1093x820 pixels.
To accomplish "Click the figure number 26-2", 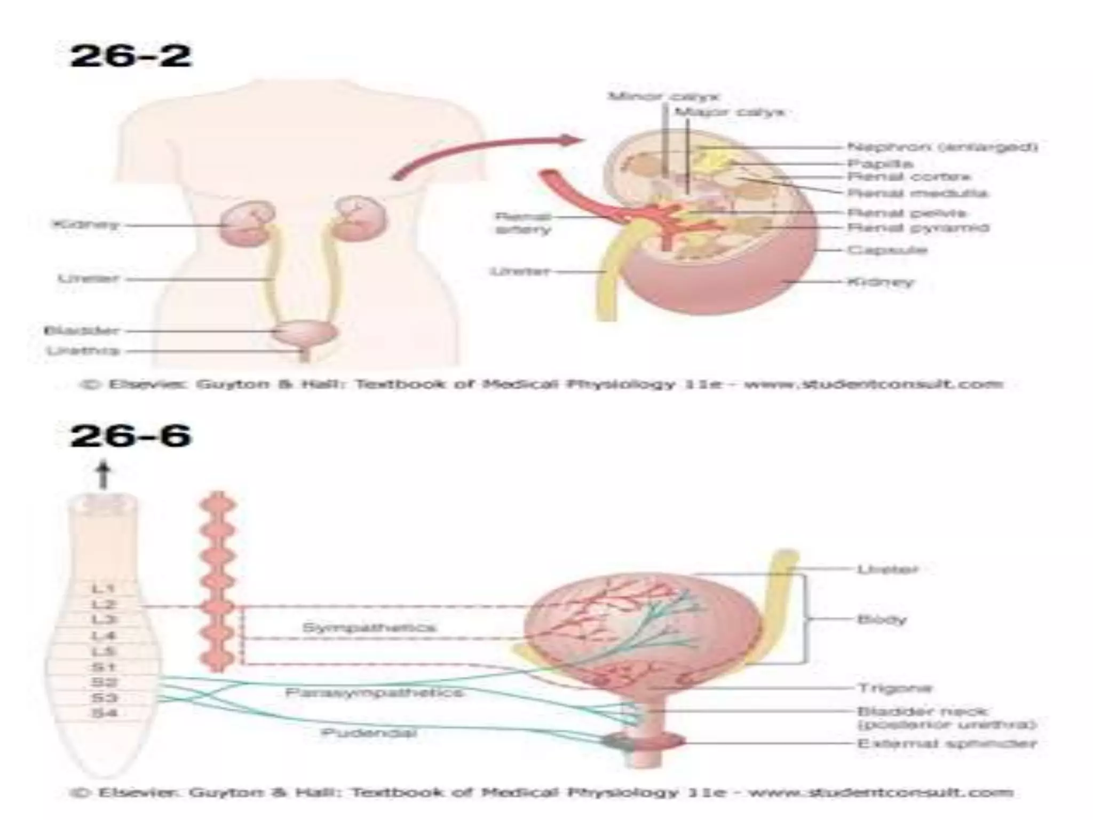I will pos(130,57).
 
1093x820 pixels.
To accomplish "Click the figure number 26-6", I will pos(130,436).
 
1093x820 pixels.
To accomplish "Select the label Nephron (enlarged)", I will pos(942,146).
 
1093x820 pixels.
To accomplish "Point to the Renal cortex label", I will pos(909,177).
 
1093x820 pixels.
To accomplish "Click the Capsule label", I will pos(886,249).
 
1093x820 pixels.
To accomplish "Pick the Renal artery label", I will pos(523,223).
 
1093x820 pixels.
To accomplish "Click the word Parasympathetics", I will pos(374,693).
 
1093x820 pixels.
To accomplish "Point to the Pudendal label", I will pos(368,732).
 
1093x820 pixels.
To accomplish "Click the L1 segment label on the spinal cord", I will pos(104,589).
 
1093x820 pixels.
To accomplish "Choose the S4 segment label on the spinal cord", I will pos(104,713).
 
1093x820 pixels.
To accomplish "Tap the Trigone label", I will pos(894,688).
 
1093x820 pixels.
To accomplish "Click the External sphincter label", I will pos(946,743).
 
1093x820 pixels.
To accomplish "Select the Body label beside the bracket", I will pos(882,619).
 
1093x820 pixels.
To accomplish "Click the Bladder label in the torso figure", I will pos(81,330).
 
